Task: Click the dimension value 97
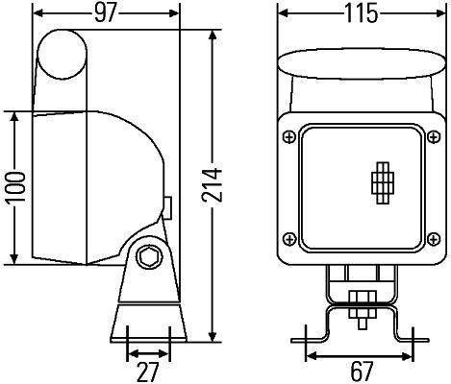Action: [107, 14]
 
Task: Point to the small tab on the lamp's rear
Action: [168, 207]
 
